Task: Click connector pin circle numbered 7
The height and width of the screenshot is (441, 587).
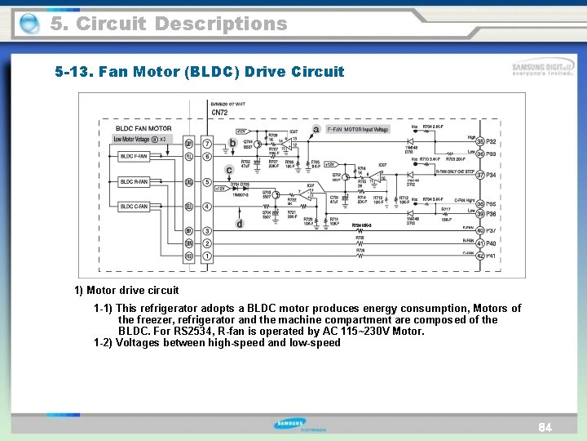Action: tap(207, 144)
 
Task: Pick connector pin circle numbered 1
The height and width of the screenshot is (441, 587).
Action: tap(207, 256)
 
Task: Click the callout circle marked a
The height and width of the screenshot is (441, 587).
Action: tap(316, 129)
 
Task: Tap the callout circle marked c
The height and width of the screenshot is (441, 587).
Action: tap(229, 171)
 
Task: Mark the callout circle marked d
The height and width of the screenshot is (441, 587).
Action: tap(239, 223)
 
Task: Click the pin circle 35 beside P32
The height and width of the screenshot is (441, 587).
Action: tap(480, 143)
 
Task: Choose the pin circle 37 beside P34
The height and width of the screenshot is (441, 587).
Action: tap(480, 176)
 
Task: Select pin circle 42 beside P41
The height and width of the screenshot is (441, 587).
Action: tap(480, 256)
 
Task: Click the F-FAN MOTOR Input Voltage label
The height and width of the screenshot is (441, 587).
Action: tap(358, 130)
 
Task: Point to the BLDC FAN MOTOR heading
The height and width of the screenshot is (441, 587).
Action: tap(143, 129)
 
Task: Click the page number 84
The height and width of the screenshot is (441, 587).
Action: tap(545, 428)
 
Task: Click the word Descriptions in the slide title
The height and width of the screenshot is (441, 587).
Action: tap(221, 24)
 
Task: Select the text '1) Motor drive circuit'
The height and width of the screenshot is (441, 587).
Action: tap(126, 290)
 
